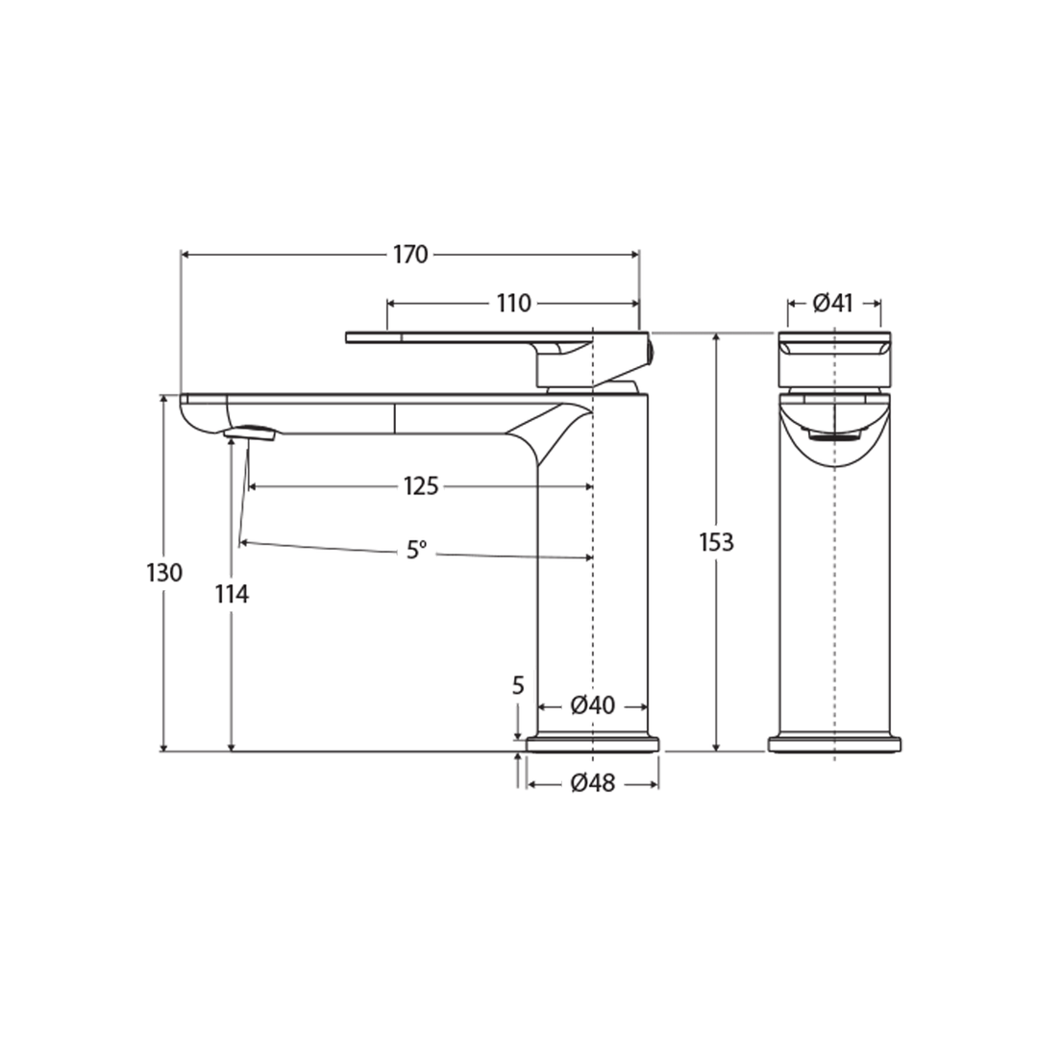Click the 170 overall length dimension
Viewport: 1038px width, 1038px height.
(410, 255)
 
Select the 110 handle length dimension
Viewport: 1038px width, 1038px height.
(513, 304)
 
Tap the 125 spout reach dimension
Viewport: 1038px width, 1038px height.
(420, 486)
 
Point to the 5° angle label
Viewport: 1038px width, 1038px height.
(416, 551)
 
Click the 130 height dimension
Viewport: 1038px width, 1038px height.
(164, 574)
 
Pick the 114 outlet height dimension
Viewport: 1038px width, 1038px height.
(232, 595)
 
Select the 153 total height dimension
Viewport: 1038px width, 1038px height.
(716, 542)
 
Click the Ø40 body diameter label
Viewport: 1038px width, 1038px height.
(592, 705)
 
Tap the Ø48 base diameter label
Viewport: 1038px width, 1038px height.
(592, 784)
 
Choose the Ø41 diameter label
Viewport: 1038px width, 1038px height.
(833, 304)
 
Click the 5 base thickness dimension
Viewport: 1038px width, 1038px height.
(518, 686)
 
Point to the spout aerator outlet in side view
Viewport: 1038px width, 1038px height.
(251, 433)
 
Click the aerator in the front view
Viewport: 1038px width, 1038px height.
(833, 436)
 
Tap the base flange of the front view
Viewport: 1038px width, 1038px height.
(834, 744)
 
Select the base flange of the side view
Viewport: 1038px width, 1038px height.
(592, 744)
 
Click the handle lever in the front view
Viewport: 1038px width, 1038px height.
(833, 344)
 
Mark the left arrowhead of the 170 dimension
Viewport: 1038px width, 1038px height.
(185, 255)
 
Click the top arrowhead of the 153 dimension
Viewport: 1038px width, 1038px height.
(716, 337)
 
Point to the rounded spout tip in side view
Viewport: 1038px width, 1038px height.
(197, 418)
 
